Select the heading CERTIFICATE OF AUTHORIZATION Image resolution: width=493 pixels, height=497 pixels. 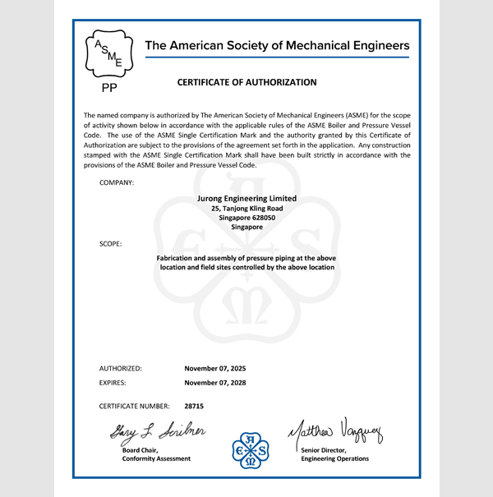click(x=246, y=83)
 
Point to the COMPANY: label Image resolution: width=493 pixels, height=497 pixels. click(x=117, y=182)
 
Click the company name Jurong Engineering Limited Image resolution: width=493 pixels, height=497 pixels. click(x=246, y=198)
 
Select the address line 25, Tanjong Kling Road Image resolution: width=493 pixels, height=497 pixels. click(x=246, y=208)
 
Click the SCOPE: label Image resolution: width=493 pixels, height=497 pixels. click(x=111, y=244)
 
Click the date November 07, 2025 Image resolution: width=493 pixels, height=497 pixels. click(x=215, y=369)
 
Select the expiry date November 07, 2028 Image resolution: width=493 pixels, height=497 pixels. click(x=215, y=383)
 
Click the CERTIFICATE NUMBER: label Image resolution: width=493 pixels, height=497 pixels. click(x=134, y=406)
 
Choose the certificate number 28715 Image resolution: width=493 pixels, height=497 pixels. click(x=194, y=406)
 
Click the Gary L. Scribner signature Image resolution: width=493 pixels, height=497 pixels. click(x=154, y=432)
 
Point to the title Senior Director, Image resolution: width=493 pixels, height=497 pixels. click(x=326, y=449)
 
